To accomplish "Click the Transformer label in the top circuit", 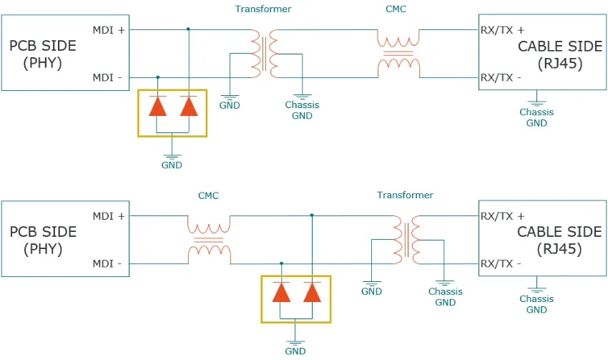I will (263, 9).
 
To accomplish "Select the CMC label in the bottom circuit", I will (208, 195).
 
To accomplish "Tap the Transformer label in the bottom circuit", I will (405, 195).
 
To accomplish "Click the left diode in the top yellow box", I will (157, 106).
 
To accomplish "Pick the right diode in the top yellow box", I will (188, 106).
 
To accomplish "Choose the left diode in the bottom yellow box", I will (281, 292).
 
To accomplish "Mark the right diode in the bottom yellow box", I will (312, 292).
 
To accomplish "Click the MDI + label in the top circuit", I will (109, 30).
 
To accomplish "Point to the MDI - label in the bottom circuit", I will (107, 263).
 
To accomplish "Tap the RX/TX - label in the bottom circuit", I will (501, 263).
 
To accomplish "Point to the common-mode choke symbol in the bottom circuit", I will (209, 240).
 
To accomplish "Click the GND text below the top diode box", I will (172, 165).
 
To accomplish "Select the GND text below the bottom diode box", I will (295, 351).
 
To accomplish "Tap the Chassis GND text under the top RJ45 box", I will (536, 117).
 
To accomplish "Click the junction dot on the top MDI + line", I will (188, 29).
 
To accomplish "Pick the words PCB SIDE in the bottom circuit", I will (43, 232).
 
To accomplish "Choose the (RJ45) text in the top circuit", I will (559, 63).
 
